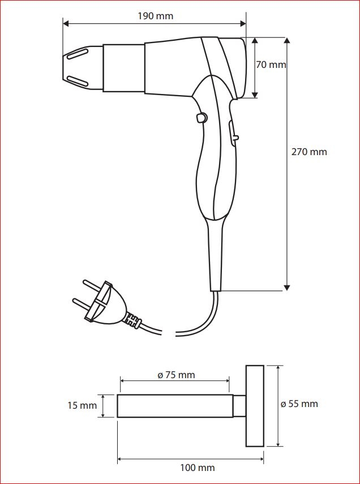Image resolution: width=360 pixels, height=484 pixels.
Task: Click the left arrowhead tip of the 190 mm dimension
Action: coord(63,23)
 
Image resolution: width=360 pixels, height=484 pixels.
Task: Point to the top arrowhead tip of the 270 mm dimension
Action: coord(287,38)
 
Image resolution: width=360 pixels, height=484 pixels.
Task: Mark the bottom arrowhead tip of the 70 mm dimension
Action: coord(255,98)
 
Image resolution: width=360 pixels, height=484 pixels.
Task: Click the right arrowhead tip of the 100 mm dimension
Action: coord(263,459)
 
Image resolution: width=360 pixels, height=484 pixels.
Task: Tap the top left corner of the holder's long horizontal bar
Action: coord(118,395)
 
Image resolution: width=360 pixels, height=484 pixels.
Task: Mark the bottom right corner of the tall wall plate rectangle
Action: coord(264,446)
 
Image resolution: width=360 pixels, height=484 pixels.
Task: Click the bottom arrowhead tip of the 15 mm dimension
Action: coord(103,417)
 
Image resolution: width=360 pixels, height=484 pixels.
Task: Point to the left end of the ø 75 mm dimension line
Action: coord(121,381)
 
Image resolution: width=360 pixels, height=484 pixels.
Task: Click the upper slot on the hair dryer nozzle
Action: coord(78,53)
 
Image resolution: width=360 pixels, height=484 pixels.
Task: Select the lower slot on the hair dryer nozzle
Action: coord(78,81)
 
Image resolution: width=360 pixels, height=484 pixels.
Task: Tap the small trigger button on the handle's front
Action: coord(202,118)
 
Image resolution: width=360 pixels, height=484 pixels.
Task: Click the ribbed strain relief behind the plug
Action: coord(133,321)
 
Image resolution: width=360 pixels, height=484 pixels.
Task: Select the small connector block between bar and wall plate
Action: coord(239,406)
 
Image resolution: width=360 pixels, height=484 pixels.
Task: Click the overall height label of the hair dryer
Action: coord(309,152)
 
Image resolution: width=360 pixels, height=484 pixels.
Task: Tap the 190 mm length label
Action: coord(155,16)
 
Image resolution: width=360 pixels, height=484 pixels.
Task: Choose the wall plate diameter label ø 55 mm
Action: coord(299,404)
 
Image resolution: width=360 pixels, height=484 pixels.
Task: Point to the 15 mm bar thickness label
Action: coord(82,405)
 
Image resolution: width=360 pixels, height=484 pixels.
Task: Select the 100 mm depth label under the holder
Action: coord(198,468)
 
